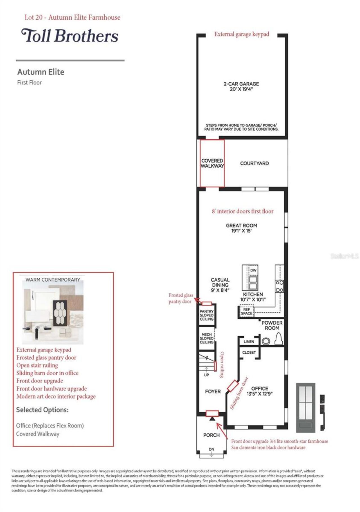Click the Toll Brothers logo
click(x=69, y=36)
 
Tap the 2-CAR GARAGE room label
click(x=241, y=86)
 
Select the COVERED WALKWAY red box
click(x=212, y=163)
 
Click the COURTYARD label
click(x=254, y=163)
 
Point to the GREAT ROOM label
click(x=241, y=228)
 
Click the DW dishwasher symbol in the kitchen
click(x=253, y=270)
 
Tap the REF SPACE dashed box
click(x=246, y=311)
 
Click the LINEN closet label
click(x=249, y=341)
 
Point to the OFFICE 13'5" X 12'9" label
click(x=259, y=391)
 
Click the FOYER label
click(x=213, y=391)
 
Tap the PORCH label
click(x=211, y=435)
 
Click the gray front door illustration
click(x=305, y=407)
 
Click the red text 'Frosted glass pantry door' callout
click(x=180, y=298)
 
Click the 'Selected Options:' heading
click(x=42, y=410)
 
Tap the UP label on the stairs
click(x=206, y=375)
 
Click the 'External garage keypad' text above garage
click(x=241, y=34)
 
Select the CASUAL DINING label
click(x=220, y=285)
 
